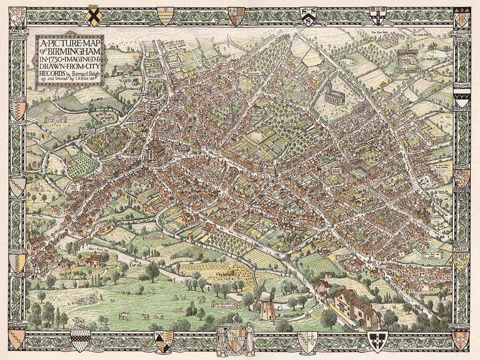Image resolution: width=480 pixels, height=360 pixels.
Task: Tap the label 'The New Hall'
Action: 378,32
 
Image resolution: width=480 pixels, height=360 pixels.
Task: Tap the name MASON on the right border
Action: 461,248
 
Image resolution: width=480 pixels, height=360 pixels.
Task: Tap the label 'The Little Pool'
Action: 420,36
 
